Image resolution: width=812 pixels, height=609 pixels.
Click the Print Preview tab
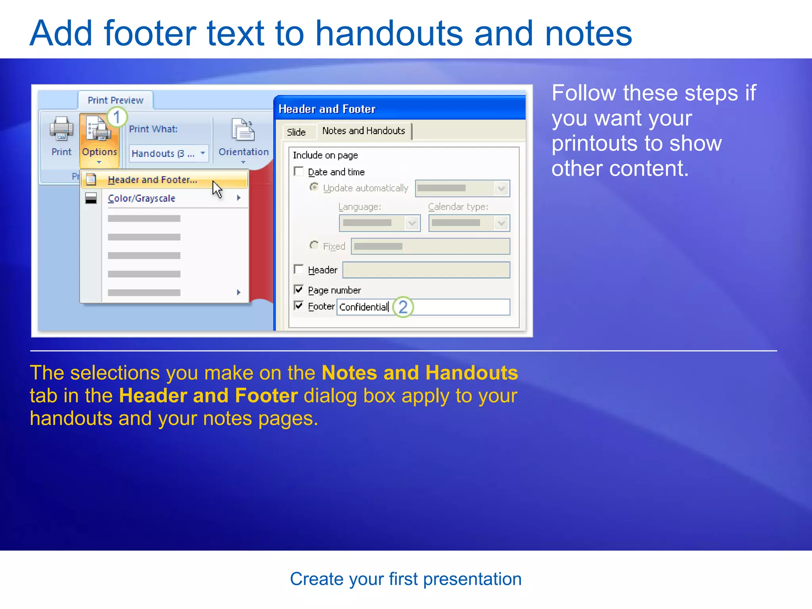(x=115, y=100)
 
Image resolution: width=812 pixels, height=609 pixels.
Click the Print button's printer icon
(x=61, y=129)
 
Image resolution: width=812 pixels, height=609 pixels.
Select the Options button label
(x=99, y=152)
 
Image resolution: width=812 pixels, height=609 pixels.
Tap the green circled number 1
(x=117, y=117)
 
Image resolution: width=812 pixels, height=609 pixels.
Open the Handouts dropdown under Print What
(x=203, y=153)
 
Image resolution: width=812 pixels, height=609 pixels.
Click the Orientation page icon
(x=243, y=130)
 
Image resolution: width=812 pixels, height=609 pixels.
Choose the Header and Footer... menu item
(x=152, y=180)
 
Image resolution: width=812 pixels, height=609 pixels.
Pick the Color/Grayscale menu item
(x=142, y=198)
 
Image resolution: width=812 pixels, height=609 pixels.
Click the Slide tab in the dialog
(x=296, y=132)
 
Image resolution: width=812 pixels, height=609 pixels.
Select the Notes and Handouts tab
(x=364, y=131)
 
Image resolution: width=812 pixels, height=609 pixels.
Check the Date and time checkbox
(x=299, y=171)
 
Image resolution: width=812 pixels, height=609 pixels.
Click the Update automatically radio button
(x=314, y=187)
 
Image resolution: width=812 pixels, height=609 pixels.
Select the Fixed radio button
(x=314, y=245)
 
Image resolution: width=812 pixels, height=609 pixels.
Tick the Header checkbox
(x=299, y=269)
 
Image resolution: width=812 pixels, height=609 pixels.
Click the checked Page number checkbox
(x=299, y=289)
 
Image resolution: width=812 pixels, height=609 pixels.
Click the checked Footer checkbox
(x=299, y=306)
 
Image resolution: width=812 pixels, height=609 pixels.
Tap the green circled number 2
(x=403, y=307)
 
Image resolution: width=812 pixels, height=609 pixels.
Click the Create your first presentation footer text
(x=406, y=579)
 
